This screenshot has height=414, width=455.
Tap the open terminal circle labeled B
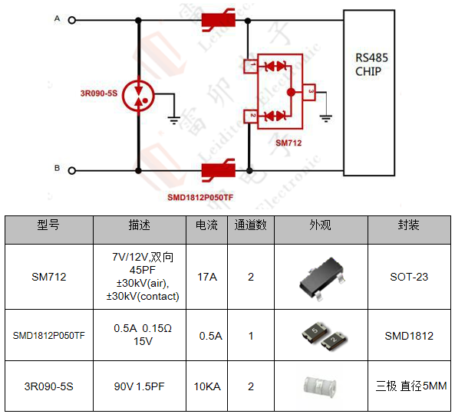72,169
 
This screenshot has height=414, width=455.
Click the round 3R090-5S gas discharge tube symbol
139,95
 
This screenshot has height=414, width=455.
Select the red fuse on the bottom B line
218,169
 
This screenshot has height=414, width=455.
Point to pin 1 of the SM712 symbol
249,66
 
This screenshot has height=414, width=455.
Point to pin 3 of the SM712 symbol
309,92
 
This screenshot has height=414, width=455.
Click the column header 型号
48,226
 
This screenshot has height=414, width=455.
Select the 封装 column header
407,226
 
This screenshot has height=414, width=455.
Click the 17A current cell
207,276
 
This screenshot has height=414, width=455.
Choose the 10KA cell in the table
207,386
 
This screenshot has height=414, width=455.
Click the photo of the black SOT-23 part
320,278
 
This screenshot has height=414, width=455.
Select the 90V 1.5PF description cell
139,386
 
